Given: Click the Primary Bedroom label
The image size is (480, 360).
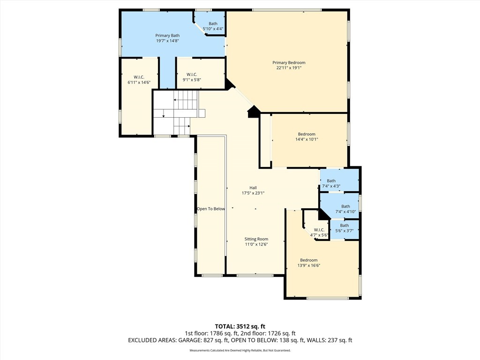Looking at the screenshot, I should point(289,63).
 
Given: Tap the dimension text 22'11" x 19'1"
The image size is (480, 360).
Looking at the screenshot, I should point(289,68).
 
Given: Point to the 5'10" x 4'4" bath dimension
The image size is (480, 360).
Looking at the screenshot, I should point(213,29).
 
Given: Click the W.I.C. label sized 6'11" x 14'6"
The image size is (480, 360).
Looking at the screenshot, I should point(139,77).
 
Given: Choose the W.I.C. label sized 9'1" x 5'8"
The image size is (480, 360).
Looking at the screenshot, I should point(191,75).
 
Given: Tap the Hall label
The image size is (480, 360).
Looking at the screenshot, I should point(253,187).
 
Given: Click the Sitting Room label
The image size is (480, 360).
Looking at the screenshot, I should point(256,239).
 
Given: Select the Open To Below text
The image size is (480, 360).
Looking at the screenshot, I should point(211,209).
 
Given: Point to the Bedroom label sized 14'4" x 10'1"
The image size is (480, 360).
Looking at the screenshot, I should point(307,134).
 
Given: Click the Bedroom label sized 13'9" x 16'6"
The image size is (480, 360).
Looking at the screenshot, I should point(309,260).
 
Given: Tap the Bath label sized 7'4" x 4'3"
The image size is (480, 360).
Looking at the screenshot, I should point(331,181).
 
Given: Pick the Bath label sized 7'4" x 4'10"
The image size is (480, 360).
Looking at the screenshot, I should point(345,206).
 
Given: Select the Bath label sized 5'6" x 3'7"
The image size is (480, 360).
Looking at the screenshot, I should point(345,225).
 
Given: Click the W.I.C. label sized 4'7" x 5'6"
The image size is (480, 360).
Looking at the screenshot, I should point(319,230).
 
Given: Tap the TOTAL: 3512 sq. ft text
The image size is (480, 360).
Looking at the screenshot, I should point(240,326).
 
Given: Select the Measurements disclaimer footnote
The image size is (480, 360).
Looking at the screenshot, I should point(240,351).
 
